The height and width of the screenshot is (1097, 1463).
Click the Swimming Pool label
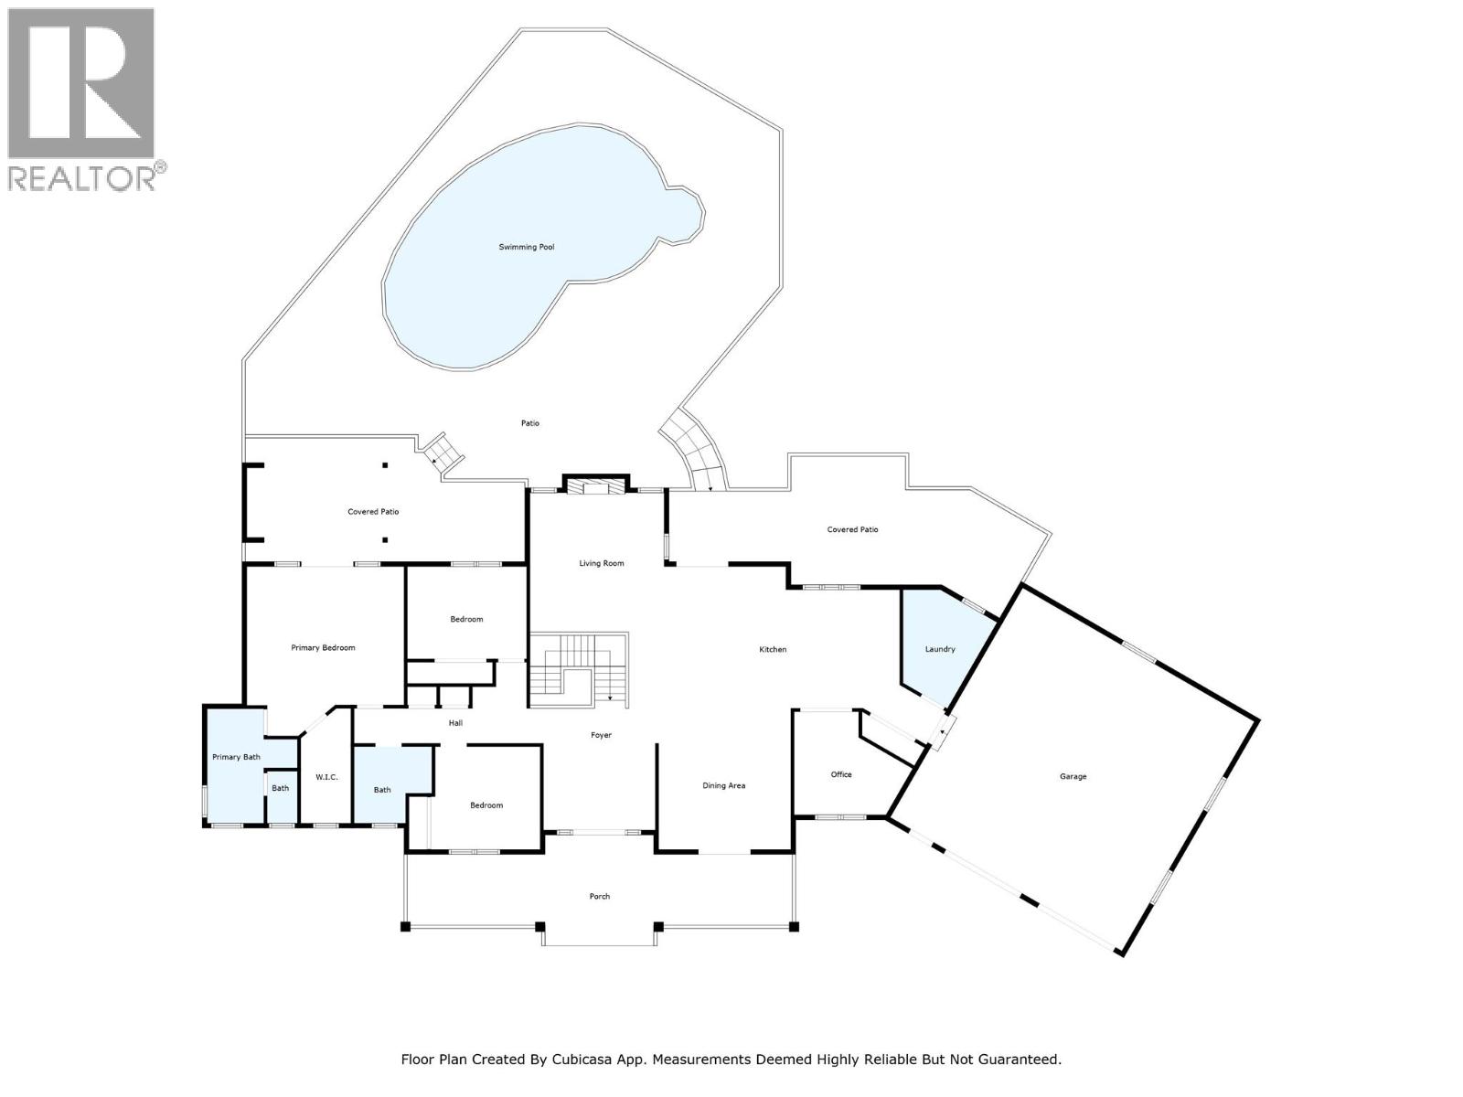coord(526,247)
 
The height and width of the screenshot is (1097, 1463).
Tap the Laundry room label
coord(940,649)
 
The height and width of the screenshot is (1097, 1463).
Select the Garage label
coord(1073,776)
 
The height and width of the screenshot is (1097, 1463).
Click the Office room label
coord(841,774)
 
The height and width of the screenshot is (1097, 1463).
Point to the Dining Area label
coord(723,785)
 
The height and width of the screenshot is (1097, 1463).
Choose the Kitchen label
coord(773,649)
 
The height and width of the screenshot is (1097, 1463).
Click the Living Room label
coord(601,563)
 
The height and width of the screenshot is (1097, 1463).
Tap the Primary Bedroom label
coord(323,647)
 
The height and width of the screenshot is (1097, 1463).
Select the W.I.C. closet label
coord(326,777)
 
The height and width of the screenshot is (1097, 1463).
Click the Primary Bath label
coord(236,757)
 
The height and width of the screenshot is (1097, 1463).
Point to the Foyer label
coord(601,735)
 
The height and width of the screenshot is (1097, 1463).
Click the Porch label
coord(599,896)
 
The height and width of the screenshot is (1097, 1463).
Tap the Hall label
coord(455,723)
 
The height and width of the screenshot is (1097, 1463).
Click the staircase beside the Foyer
coord(578,670)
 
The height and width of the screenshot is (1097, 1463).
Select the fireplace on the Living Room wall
coord(596,485)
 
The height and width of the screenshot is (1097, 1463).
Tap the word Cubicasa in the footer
coord(582,1060)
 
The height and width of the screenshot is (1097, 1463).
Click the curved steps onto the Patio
coord(697,453)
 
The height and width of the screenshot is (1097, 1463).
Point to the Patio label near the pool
coord(530,423)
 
